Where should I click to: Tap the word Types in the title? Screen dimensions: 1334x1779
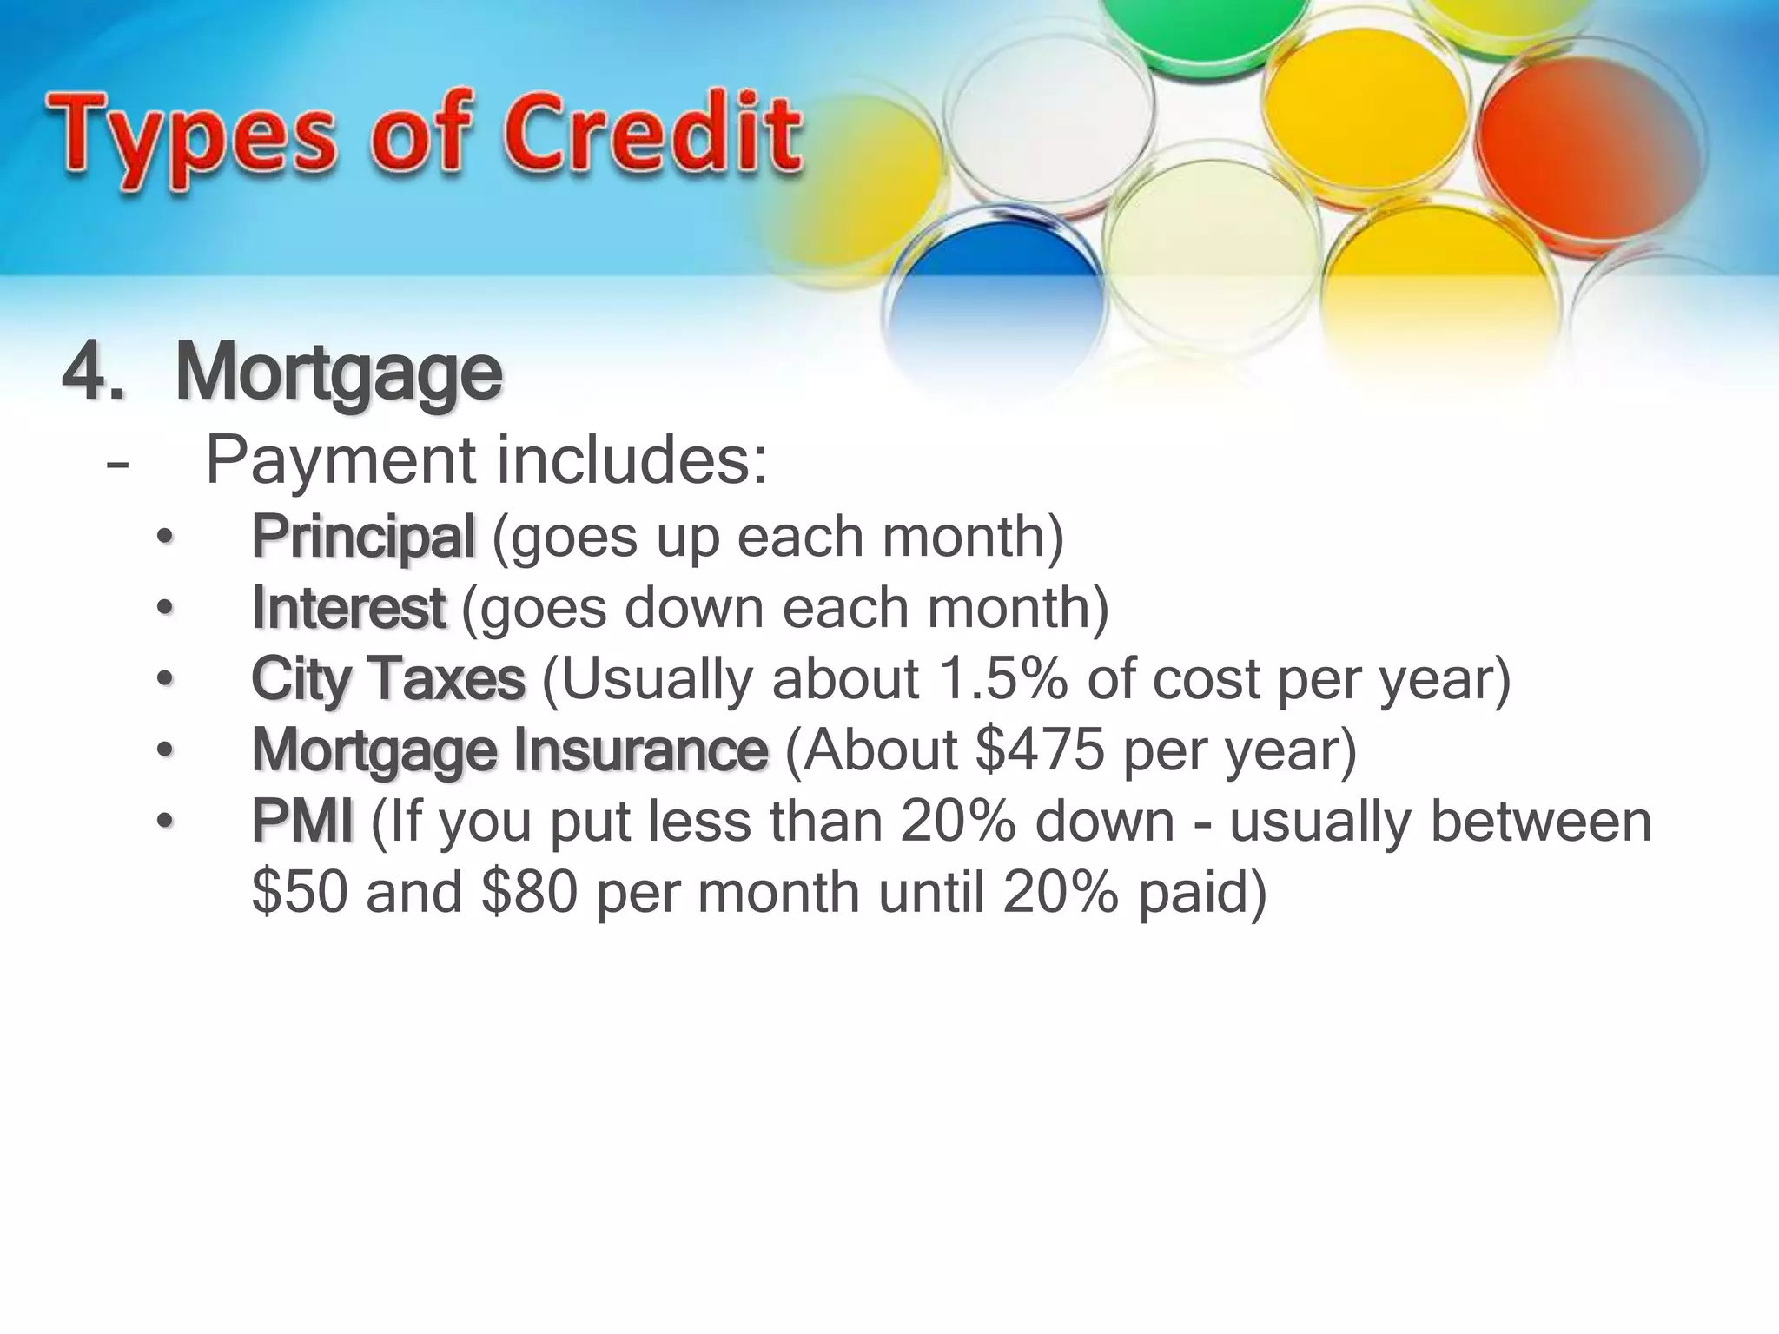[x=191, y=139]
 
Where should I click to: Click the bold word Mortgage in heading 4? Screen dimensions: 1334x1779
[x=339, y=373]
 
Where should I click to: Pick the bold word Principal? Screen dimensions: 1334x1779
[x=363, y=537]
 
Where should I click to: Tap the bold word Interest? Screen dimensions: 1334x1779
[x=348, y=608]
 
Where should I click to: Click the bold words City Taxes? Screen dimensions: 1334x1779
[x=388, y=679]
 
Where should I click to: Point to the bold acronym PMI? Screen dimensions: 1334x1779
[x=302, y=822]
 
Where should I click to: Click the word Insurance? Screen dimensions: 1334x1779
[x=640, y=750]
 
